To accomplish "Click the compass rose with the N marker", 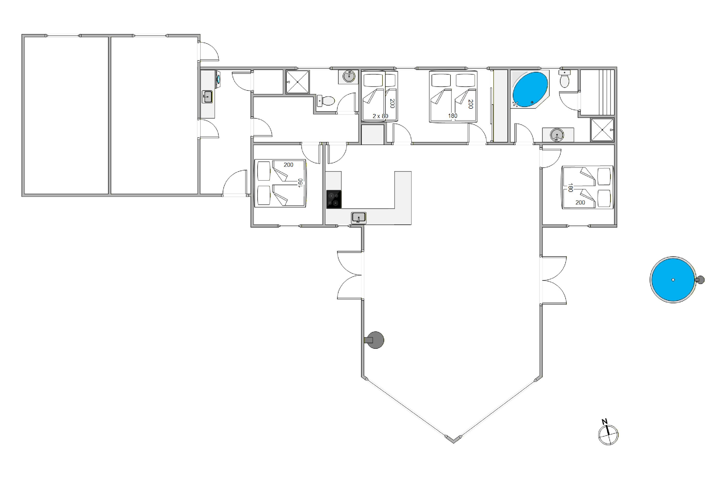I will (608, 435).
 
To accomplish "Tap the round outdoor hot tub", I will (673, 280).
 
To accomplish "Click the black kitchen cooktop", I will (334, 199).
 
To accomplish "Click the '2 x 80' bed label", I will (380, 116).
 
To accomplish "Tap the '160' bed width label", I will (300, 183).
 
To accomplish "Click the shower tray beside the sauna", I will (602, 130).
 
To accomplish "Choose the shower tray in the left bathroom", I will (297, 82).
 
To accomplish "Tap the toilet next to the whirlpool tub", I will (564, 80).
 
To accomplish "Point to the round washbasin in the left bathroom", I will (349, 76).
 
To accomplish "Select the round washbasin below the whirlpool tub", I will (557, 135).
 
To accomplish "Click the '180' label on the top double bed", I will (452, 116).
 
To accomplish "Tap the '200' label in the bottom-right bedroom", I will (580, 203).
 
